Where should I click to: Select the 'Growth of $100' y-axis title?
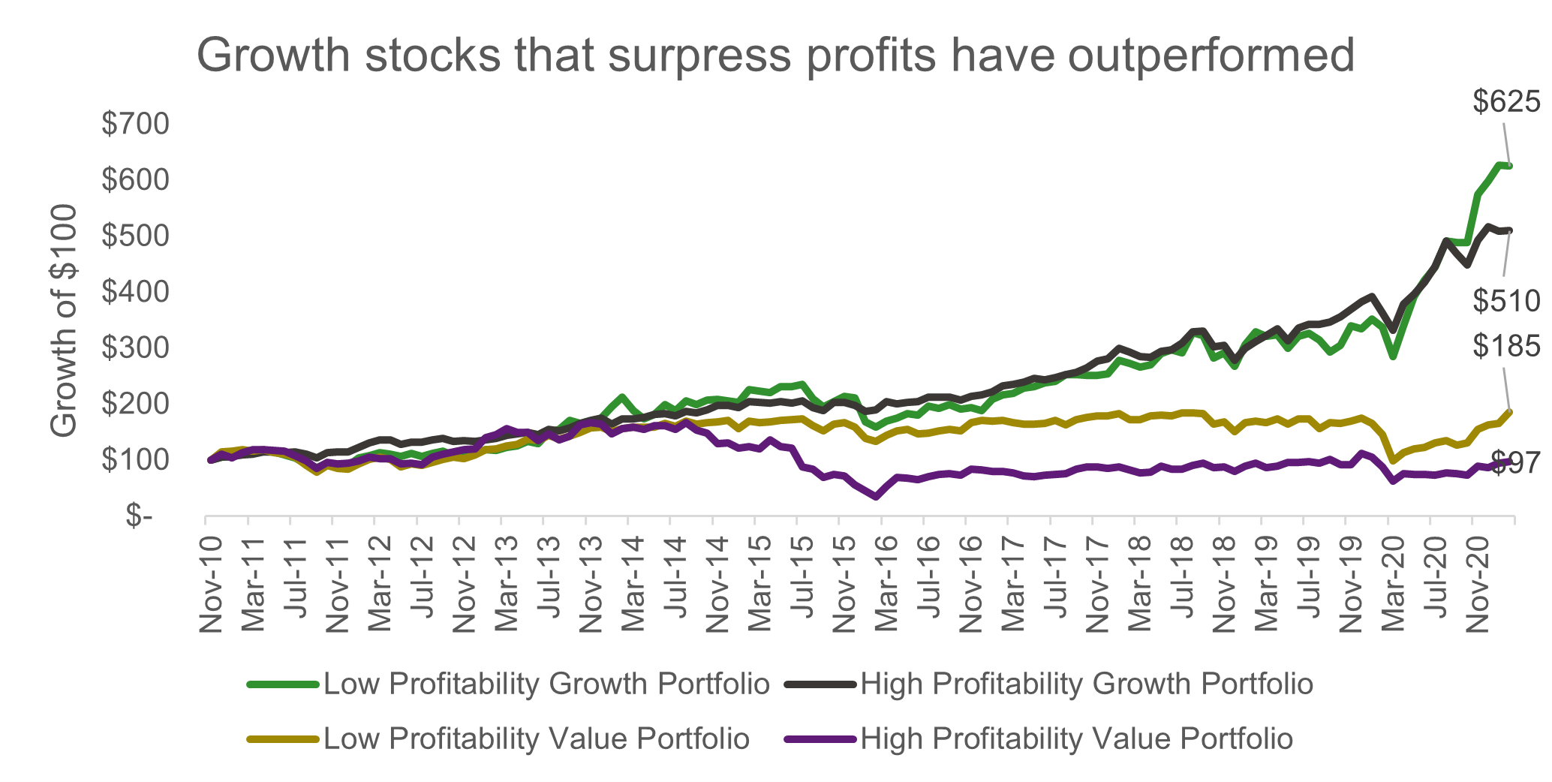[65, 320]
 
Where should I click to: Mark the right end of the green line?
[1510, 166]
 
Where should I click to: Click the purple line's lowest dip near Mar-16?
[876, 496]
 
